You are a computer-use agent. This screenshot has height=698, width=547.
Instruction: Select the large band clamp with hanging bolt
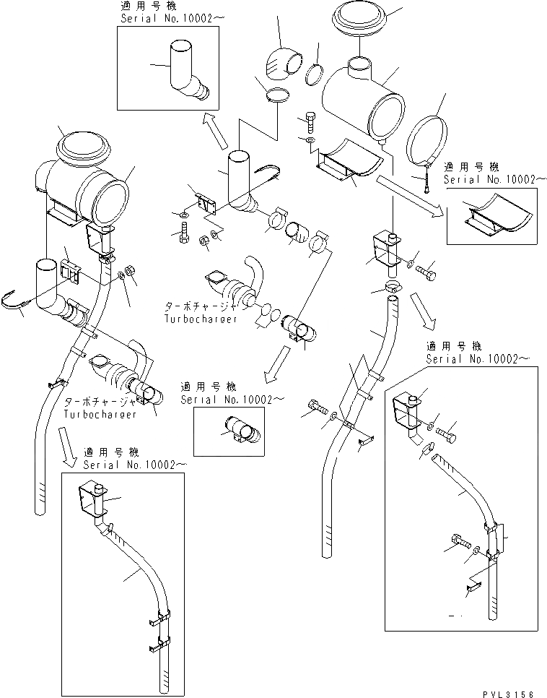point(429,137)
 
